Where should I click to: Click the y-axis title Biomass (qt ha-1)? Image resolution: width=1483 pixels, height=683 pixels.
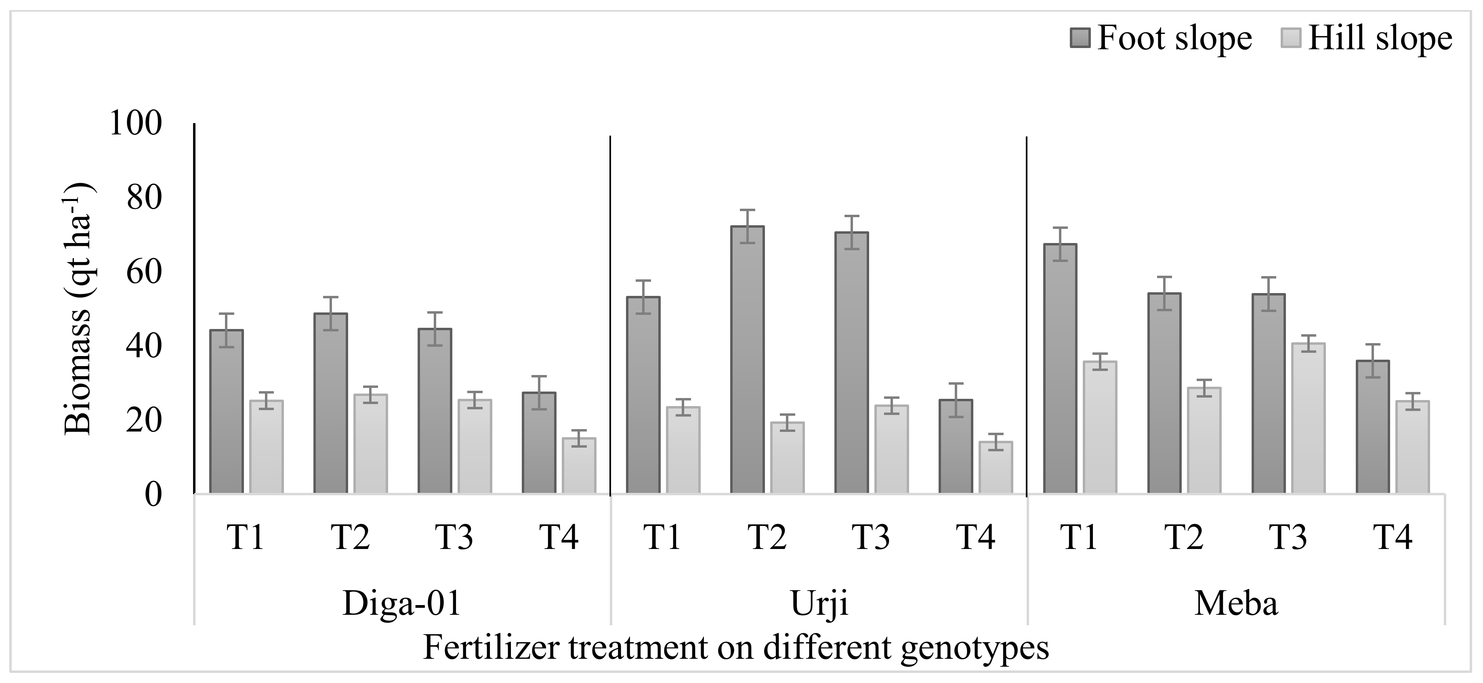pos(78,308)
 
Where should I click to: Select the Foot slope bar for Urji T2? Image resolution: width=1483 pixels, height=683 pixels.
pos(747,360)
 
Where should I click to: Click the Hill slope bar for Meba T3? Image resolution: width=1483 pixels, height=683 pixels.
pos(1308,418)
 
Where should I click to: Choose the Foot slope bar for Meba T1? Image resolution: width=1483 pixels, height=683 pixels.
pos(1060,368)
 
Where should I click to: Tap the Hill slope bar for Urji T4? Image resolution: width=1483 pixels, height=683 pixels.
pos(996,467)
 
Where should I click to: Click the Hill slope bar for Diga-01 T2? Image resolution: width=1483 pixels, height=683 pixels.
pos(370,444)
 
